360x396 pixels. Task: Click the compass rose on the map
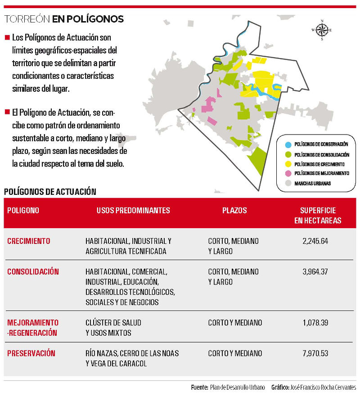pyautogui.click(x=322, y=30)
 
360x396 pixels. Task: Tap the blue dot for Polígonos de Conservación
pyautogui.click(x=287, y=144)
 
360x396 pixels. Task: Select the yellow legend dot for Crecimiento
pyautogui.click(x=287, y=164)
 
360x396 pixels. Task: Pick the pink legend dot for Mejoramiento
pyautogui.click(x=287, y=174)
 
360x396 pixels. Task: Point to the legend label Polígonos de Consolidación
pyautogui.click(x=321, y=154)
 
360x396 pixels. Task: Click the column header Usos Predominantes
pyautogui.click(x=133, y=211)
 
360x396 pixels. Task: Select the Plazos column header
pyautogui.click(x=234, y=211)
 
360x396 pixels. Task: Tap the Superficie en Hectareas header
pyautogui.click(x=318, y=216)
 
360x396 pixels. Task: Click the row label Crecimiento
pyautogui.click(x=29, y=241)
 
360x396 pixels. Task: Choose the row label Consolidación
pyautogui.click(x=33, y=272)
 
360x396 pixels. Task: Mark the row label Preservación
pyautogui.click(x=31, y=353)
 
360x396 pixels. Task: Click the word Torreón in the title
pyautogui.click(x=27, y=19)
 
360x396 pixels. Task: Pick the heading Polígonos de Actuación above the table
pyautogui.click(x=50, y=191)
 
